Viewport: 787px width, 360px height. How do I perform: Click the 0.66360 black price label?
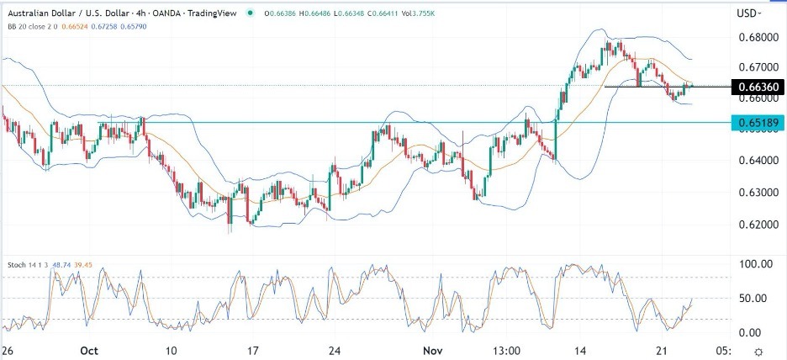758,87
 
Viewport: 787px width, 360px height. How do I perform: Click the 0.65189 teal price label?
758,123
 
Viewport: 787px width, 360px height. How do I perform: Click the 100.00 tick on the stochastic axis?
755,264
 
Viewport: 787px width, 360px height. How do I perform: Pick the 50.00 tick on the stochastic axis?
755,299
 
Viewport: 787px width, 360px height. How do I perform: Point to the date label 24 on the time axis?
335,350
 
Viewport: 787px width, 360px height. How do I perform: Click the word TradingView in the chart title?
203,13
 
